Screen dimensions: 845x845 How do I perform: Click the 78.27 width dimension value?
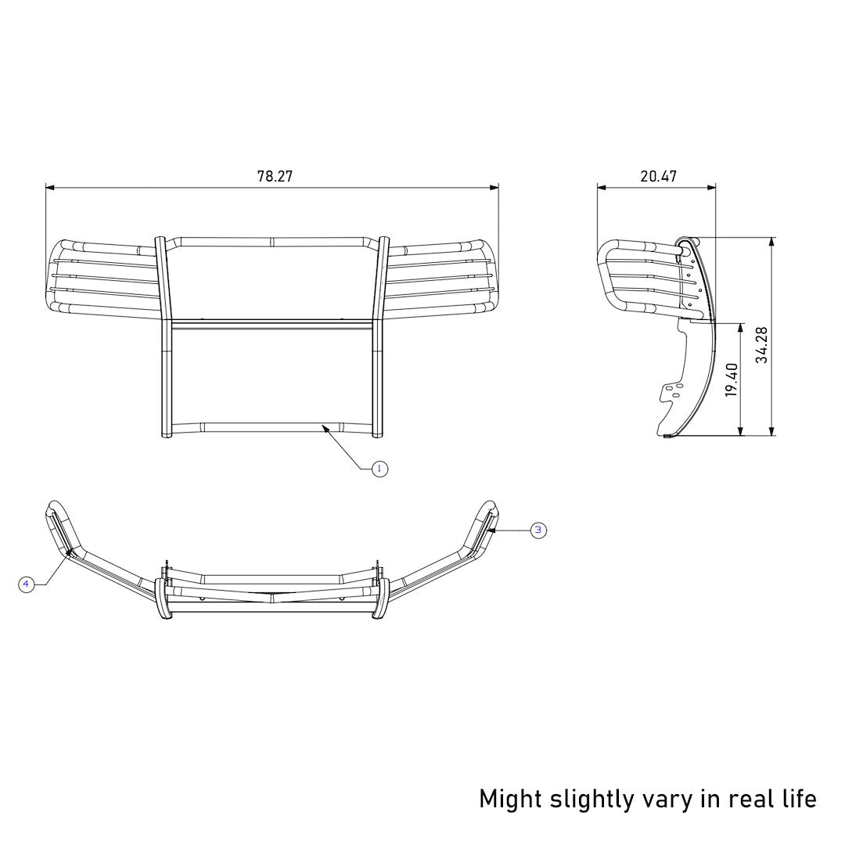[x=275, y=176]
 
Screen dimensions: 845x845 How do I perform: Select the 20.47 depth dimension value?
[x=658, y=176]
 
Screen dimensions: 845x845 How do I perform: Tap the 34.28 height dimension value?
[x=761, y=345]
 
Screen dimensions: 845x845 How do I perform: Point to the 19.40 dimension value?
[x=732, y=379]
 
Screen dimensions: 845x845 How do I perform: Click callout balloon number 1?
[x=379, y=469]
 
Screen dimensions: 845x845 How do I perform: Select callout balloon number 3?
[x=538, y=530]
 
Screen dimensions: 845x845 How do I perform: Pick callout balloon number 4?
[x=27, y=584]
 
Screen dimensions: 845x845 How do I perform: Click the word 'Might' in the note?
[x=509, y=799]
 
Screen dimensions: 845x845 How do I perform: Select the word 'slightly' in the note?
[x=592, y=799]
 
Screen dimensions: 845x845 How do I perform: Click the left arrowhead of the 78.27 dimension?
[x=49, y=188]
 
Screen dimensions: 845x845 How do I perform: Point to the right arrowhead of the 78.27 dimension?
[x=495, y=188]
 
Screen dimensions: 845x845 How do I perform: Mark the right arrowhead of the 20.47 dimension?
[x=713, y=188]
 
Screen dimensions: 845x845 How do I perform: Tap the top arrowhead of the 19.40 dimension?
[x=740, y=325]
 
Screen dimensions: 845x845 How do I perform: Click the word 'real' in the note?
[x=750, y=799]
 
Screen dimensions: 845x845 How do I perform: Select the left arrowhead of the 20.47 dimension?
[x=601, y=188]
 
